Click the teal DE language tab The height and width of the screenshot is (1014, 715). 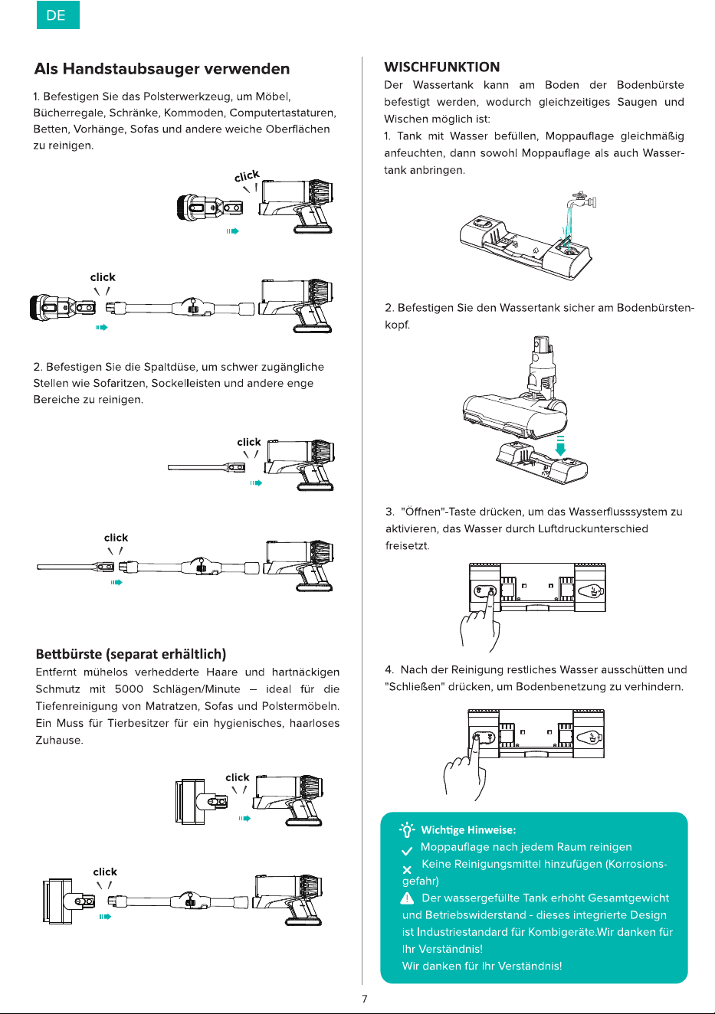point(58,15)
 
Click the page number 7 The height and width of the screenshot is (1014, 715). point(365,998)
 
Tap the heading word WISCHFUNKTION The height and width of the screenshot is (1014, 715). point(441,67)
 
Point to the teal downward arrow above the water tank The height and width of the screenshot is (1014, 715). point(560,446)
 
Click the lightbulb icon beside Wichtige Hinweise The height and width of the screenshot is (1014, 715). point(407,829)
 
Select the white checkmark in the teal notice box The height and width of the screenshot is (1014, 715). point(407,851)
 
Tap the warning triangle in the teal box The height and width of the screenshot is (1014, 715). point(408,898)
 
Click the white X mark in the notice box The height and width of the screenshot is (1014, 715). point(407,869)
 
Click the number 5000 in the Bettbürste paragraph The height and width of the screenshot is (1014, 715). point(129,689)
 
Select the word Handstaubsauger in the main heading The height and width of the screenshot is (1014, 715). point(131,69)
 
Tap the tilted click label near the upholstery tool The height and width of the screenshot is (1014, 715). point(247,175)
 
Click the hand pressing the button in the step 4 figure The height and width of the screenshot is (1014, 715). point(466,770)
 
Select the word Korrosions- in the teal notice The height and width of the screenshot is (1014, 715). point(637,864)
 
